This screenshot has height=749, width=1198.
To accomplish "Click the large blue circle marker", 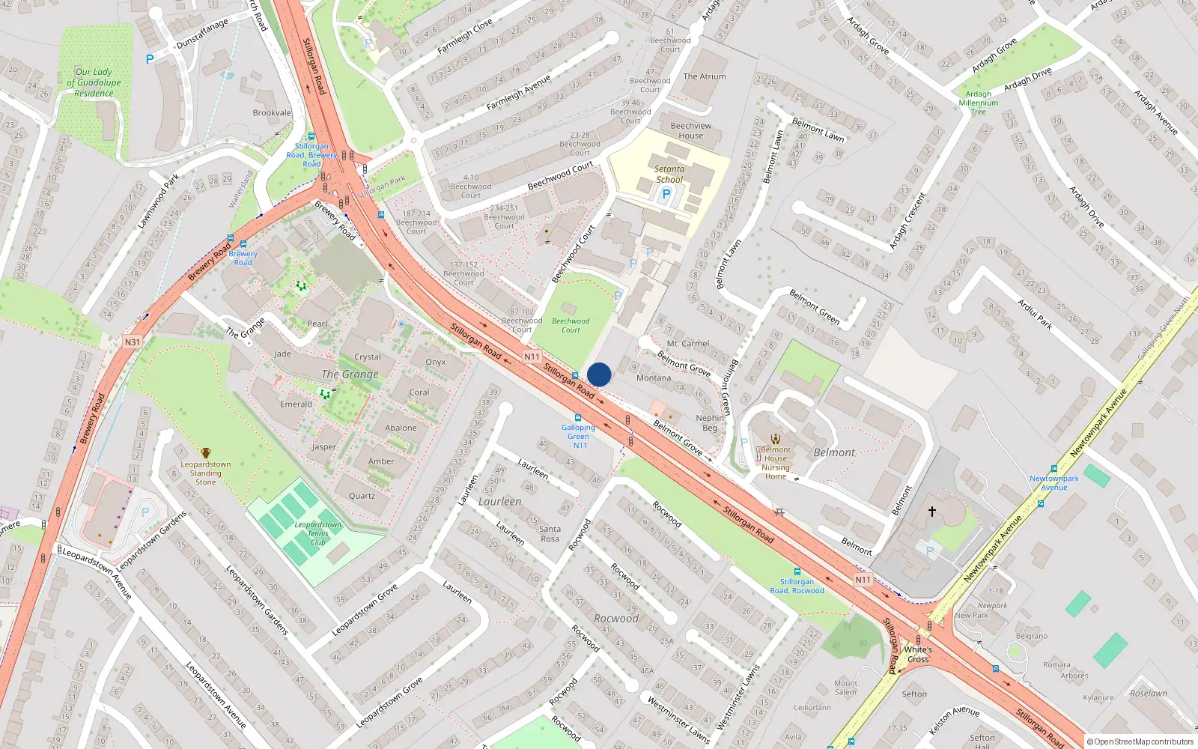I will [599, 374].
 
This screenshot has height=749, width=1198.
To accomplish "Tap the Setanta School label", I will [669, 175].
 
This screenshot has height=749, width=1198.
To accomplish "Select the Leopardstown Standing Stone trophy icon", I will [206, 452].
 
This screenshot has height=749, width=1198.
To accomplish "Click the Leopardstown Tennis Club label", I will [318, 533].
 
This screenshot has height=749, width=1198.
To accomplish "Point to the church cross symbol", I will [932, 512].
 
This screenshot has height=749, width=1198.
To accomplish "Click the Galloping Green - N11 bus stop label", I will [578, 436].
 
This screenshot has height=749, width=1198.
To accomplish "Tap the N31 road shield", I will [133, 342].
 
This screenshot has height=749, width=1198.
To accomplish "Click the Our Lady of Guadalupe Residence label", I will [94, 82].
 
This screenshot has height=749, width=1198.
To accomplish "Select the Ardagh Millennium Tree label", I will [979, 103].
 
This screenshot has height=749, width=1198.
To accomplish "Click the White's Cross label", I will [918, 654].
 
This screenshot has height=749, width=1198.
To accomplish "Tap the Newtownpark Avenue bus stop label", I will [1053, 482].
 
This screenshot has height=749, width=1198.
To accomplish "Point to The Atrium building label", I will [705, 76].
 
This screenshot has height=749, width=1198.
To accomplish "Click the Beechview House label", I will [691, 130].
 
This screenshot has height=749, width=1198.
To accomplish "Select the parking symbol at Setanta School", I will [666, 194].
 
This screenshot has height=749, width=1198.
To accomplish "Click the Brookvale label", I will [272, 113].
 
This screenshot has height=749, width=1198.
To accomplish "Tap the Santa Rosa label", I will [550, 533].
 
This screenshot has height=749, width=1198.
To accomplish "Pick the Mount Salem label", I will [845, 687].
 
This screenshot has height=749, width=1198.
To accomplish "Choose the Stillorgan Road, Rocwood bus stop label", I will [797, 586].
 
